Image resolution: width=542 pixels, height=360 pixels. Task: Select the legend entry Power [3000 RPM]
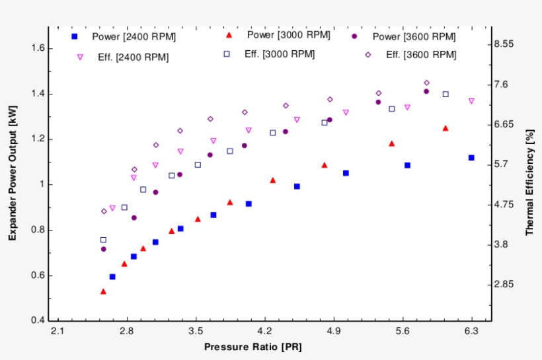coord(278,34)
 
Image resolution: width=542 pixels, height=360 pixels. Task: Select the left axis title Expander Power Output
coord(13,174)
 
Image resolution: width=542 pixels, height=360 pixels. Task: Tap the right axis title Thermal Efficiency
coord(529,183)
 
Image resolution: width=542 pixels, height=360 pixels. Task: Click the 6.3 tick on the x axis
coord(471,330)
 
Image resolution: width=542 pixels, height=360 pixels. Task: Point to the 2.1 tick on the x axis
coord(58,330)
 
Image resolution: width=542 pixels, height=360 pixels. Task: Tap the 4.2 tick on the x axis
coord(265,330)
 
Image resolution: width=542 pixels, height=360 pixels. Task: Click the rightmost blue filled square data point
coord(471,158)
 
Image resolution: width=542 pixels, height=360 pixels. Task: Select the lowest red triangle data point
coord(103,291)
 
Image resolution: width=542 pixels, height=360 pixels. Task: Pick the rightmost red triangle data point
coord(445,128)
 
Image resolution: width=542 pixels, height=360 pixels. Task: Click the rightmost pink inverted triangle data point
coord(471,101)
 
